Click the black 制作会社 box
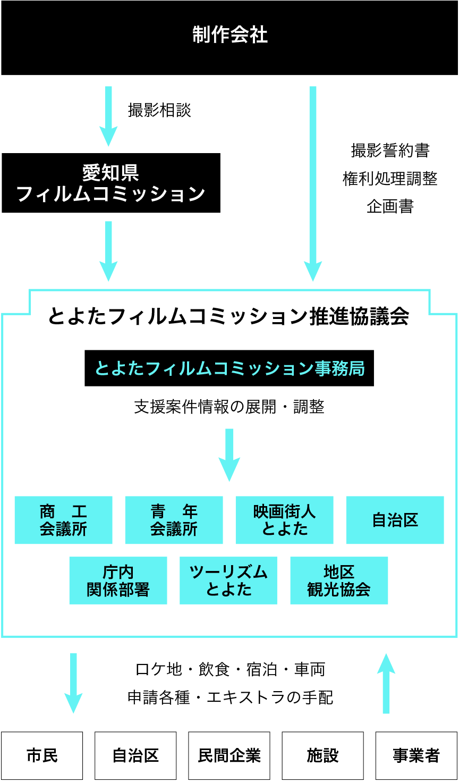pos(229,37)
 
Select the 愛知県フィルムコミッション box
pos(111,183)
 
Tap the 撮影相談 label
pos(159,111)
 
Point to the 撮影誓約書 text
pos(390,151)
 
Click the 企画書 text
pos(390,206)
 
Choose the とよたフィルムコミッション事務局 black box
pos(229,368)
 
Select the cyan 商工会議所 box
pos(63,520)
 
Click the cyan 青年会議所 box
pos(174,520)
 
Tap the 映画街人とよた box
pos(284,520)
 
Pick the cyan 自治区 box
pos(395,520)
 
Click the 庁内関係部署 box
pos(118,581)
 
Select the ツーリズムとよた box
pos(228,581)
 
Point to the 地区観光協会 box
pos(339,581)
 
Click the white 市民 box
pos(42,755)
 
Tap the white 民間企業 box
pos(229,755)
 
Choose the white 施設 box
pos(322,755)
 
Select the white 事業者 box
pos(416,755)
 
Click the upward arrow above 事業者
pos(386,683)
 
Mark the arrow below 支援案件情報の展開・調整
pos(229,455)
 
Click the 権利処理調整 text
pos(390,179)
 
